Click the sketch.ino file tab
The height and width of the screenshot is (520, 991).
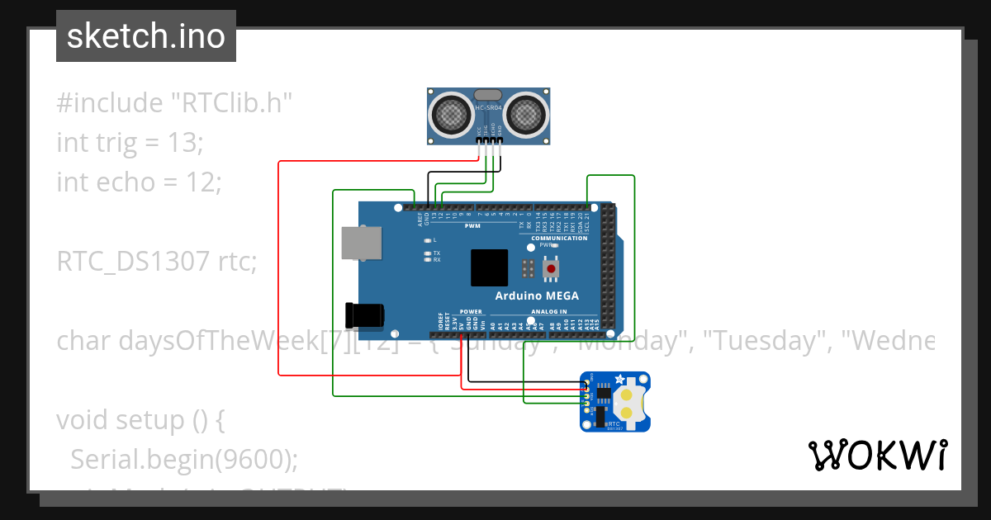146,36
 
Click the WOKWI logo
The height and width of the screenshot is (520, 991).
877,455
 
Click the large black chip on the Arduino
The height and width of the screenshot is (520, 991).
490,267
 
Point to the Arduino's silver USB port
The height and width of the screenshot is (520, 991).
362,243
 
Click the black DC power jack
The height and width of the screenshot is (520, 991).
364,314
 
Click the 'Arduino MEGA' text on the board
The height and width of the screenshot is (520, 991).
537,296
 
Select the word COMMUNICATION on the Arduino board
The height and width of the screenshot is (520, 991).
559,239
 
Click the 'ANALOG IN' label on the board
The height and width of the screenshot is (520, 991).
551,312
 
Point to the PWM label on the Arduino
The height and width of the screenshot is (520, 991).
472,225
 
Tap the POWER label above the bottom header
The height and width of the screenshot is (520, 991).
471,312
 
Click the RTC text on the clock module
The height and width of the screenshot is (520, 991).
613,423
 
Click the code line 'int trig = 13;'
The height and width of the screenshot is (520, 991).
130,142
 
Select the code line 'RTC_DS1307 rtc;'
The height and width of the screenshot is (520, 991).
157,262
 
